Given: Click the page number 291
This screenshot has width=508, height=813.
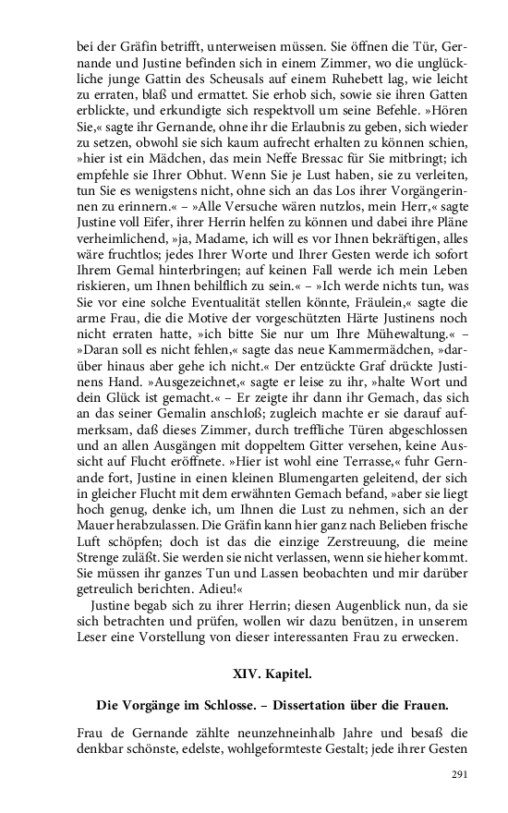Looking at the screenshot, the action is click(x=460, y=773).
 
